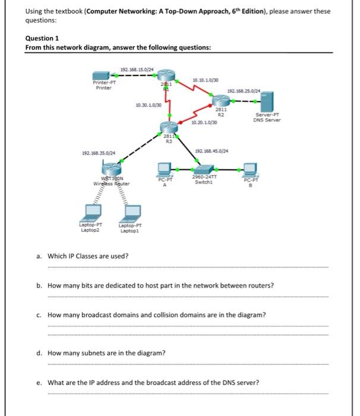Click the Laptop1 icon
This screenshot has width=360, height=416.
(x=130, y=215)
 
